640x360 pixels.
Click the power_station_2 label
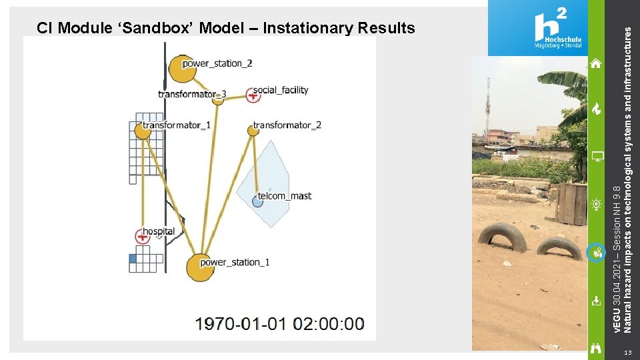pos(217,63)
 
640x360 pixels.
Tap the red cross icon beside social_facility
pos(253,95)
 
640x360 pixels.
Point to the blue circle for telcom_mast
pos(258,201)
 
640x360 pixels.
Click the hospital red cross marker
pos(143,235)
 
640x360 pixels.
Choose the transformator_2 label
pos(287,125)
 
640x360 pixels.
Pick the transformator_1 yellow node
pos(143,130)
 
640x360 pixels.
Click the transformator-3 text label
pos(192,94)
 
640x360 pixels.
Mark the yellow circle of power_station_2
pos(181,67)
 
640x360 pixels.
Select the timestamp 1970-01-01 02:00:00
pos(280,324)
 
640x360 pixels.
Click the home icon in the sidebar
pos(596,63)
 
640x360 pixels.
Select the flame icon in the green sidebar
pos(596,109)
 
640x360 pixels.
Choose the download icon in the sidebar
pos(596,300)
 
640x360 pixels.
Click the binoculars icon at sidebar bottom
pos(596,347)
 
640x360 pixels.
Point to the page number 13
pos(627,352)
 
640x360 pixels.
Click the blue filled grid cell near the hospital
pos(132,259)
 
